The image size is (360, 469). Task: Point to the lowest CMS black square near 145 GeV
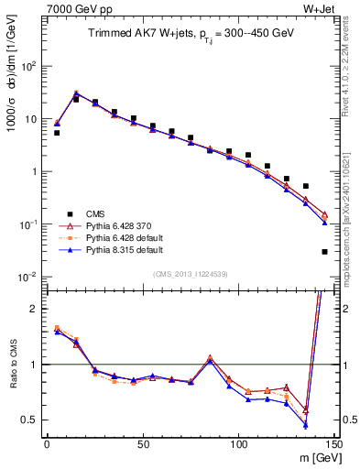pos(325,251)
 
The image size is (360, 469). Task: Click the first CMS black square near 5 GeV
pos(57,133)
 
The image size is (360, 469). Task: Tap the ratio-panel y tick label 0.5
pos(30,420)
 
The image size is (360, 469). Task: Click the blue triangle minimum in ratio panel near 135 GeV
pos(306,425)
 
